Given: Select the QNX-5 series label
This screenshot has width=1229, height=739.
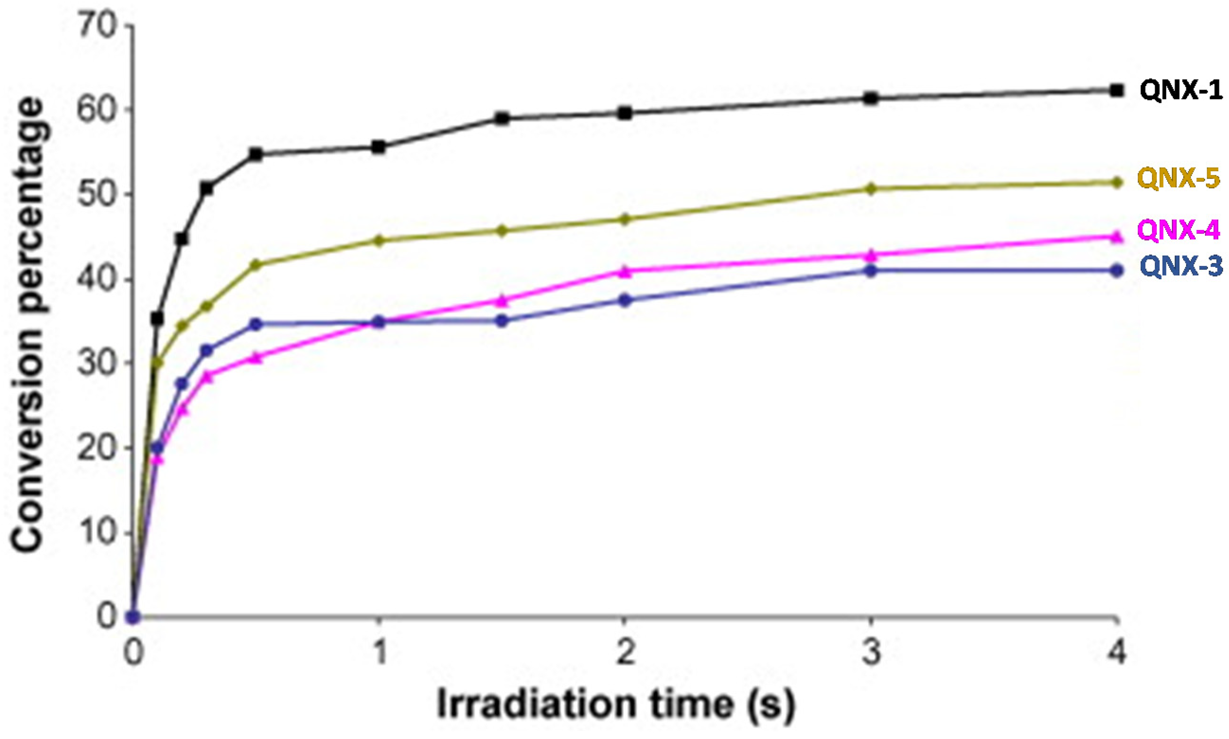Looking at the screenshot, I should click(1178, 179).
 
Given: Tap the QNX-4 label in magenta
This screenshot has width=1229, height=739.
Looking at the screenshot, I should click(1178, 231).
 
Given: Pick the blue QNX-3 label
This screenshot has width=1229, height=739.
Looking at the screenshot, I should click(1180, 267).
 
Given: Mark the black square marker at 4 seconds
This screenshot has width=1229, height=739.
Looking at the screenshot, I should click(1117, 90).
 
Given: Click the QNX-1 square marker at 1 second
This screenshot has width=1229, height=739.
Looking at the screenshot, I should click(379, 147).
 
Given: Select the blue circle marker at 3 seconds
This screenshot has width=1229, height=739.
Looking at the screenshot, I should click(871, 271).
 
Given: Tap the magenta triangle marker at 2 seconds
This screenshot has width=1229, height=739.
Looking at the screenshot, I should click(626, 272).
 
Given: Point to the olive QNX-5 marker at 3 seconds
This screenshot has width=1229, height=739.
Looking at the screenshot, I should click(871, 189).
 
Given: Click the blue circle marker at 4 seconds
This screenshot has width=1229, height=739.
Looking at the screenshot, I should click(1117, 270).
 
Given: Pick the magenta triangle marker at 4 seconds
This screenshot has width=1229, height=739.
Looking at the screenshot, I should click(1117, 237).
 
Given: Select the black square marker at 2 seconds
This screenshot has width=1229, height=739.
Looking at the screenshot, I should click(626, 113).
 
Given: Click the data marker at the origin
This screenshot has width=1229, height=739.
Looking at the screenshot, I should click(133, 617).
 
